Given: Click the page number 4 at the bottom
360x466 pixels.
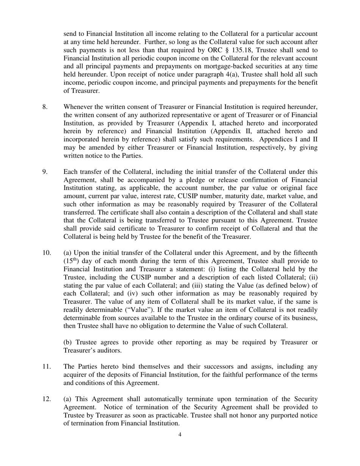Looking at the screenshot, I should click(180, 435).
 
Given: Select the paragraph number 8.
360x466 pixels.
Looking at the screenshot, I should click(45, 107).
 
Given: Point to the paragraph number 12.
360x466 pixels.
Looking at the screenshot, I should click(46, 399).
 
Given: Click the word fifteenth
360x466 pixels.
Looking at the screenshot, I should click(304, 253).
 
